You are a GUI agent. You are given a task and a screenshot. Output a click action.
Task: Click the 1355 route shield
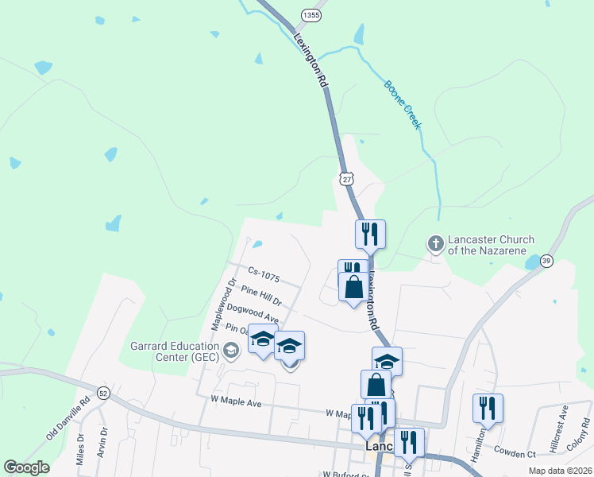click(312, 15)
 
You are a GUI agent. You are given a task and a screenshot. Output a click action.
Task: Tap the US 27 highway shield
click(346, 178)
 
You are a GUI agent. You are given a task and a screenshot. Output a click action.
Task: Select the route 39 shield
click(546, 261)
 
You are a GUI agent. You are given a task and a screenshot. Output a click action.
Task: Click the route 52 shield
click(103, 393)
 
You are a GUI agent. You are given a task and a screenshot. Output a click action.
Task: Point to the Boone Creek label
click(402, 104)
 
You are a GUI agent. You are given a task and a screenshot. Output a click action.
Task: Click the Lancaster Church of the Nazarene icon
click(435, 245)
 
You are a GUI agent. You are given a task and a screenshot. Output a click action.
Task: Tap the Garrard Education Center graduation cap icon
click(230, 350)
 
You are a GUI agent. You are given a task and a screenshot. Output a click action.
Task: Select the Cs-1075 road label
click(264, 274)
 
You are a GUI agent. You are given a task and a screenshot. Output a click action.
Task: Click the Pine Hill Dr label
click(262, 298)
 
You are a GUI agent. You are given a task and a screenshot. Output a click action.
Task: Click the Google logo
click(26, 468)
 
